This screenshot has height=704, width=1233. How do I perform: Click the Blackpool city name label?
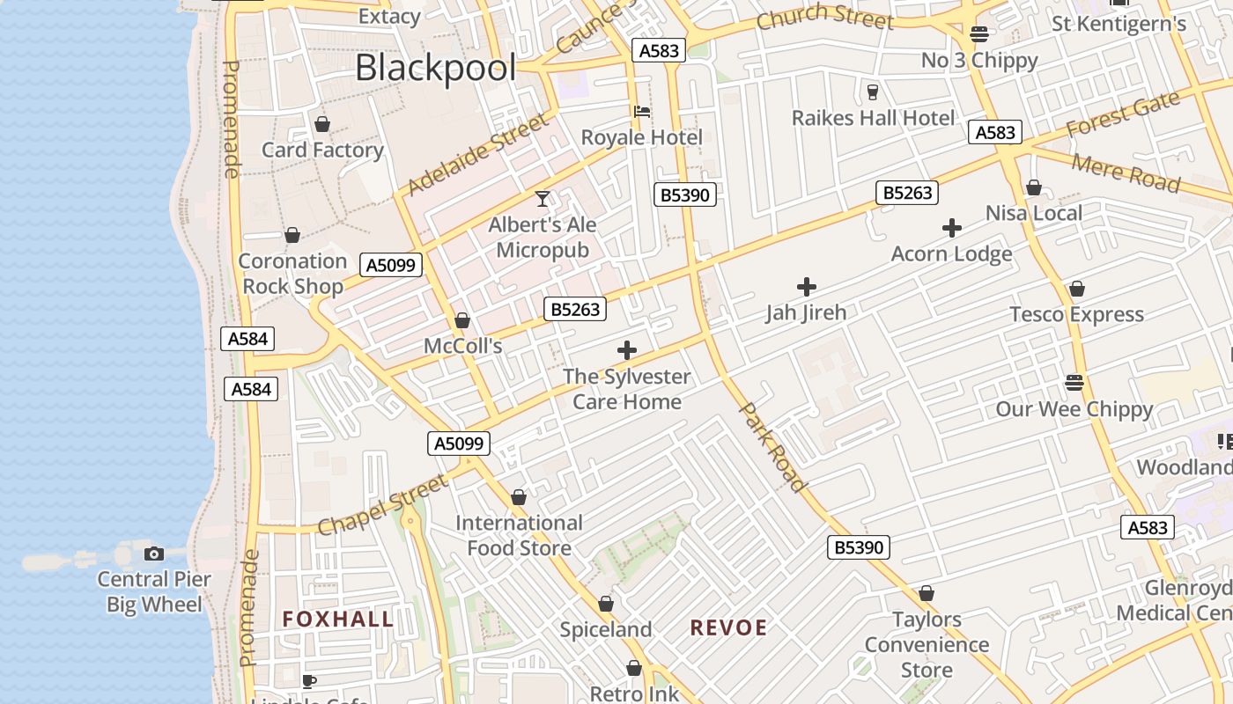435,68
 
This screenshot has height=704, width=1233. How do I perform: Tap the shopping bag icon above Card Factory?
322,124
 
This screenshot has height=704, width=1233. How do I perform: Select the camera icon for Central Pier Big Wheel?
154,554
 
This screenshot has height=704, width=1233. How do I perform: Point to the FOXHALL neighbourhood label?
338,620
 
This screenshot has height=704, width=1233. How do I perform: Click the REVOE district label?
728,628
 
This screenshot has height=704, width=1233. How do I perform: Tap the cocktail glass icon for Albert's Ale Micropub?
543,199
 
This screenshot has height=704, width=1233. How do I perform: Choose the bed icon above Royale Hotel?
642,112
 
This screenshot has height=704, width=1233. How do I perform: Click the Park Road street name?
772,447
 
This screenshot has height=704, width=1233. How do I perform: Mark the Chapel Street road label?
383,505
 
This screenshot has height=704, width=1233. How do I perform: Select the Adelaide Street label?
477,156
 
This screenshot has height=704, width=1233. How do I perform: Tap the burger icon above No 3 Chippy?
979,34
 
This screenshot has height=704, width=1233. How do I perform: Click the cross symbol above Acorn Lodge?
951,228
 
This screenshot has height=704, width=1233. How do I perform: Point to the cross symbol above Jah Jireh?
806,287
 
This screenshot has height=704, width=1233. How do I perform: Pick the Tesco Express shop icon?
1076,289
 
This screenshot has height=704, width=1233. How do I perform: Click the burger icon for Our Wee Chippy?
1074,383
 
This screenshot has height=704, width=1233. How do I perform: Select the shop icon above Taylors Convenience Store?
927,594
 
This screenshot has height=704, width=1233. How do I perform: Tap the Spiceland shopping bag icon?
606,604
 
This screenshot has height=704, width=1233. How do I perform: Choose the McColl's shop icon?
462,320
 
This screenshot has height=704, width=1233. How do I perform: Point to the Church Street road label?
824,16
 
